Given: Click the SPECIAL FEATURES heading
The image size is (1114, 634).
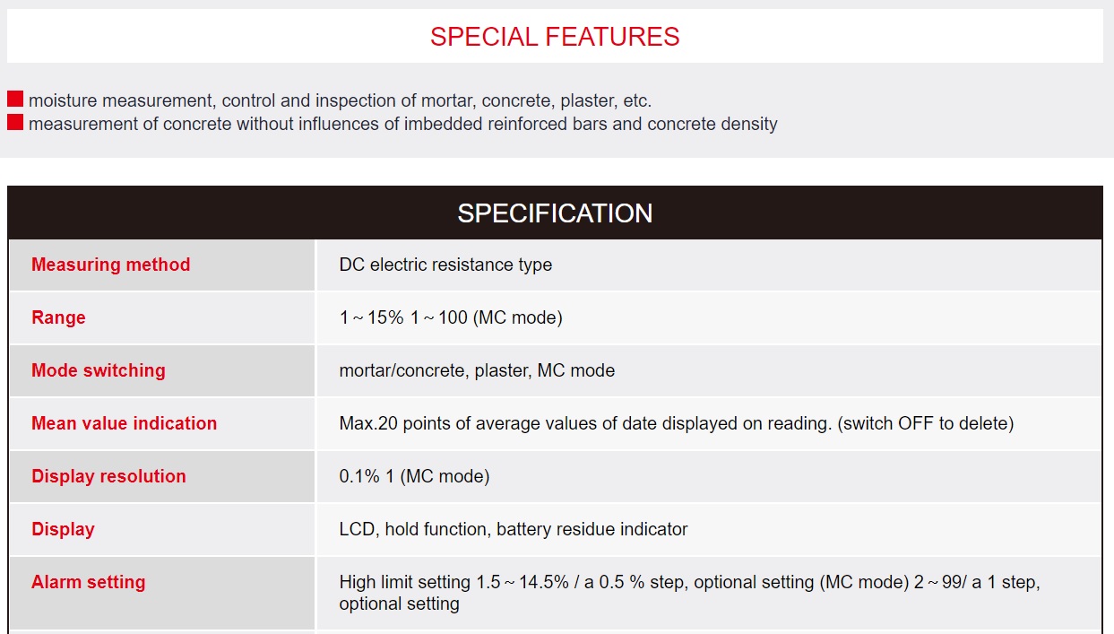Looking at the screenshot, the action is pyautogui.click(x=555, y=37).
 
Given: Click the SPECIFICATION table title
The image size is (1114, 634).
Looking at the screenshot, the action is pyautogui.click(x=555, y=213).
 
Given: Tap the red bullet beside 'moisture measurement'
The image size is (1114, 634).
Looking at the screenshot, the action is pyautogui.click(x=15, y=99).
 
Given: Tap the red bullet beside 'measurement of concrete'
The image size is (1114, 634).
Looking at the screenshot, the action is pyautogui.click(x=15, y=122).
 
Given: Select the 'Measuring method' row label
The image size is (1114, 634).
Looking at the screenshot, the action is pyautogui.click(x=111, y=265).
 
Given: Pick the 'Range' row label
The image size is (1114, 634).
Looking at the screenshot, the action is pyautogui.click(x=58, y=317).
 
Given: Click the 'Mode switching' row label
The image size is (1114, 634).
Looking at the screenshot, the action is pyautogui.click(x=99, y=370).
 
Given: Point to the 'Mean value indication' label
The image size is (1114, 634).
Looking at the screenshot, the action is pyautogui.click(x=125, y=423).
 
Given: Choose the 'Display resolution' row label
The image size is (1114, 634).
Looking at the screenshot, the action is pyautogui.click(x=109, y=476).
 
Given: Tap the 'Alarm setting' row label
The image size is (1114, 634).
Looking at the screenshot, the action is pyautogui.click(x=89, y=582).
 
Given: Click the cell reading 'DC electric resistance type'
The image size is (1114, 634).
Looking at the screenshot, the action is pyautogui.click(x=445, y=265).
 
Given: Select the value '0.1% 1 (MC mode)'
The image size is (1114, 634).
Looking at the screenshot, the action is pyautogui.click(x=414, y=476).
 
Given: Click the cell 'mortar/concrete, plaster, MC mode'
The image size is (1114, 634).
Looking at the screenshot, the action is pyautogui.click(x=477, y=370).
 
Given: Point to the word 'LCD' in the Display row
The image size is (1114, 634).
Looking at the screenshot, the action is pyautogui.click(x=357, y=529).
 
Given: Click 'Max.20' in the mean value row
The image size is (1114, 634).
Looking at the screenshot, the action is pyautogui.click(x=368, y=423).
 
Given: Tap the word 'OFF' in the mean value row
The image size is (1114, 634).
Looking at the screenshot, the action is pyautogui.click(x=916, y=423).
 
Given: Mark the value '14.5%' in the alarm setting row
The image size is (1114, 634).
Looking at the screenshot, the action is pyautogui.click(x=544, y=582).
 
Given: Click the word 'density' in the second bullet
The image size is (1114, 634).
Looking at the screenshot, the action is pyautogui.click(x=749, y=124).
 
